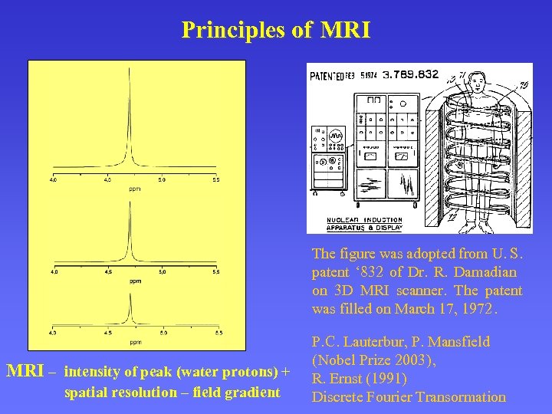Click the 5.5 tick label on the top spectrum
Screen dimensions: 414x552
tap(215, 180)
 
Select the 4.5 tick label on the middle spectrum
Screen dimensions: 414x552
tap(108, 272)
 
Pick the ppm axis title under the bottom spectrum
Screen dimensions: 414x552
tap(135, 341)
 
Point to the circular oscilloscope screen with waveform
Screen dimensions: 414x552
tap(336, 135)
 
